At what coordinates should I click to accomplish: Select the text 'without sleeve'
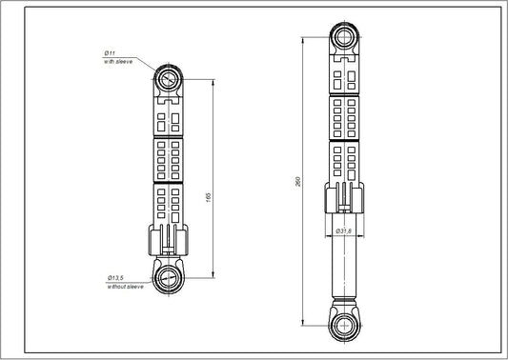(124, 286)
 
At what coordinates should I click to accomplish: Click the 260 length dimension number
(298, 181)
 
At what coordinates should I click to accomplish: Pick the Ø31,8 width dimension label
(344, 230)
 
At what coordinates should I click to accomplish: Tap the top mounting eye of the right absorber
(344, 37)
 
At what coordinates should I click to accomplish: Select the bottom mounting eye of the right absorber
(344, 324)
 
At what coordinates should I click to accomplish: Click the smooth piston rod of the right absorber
(344, 267)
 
